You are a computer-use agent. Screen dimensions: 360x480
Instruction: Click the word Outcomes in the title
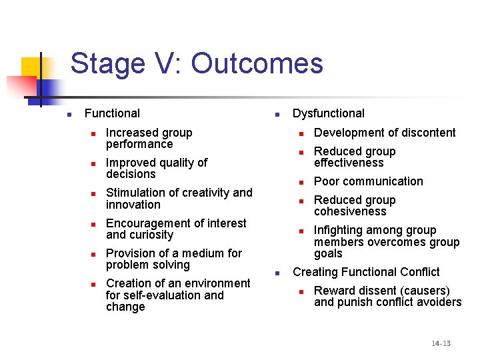tap(257, 64)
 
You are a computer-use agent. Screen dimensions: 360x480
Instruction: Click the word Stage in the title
tap(104, 64)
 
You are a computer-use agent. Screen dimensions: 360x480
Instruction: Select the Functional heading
tap(112, 113)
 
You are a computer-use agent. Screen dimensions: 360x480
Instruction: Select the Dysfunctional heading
tap(329, 113)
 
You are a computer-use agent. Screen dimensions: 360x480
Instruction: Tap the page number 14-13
tap(441, 343)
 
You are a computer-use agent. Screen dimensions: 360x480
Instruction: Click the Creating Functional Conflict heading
tap(366, 272)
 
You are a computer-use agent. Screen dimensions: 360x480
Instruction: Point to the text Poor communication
tap(368, 181)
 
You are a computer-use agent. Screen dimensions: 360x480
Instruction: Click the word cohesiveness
tap(350, 211)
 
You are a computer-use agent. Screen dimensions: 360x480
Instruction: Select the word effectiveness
tap(349, 163)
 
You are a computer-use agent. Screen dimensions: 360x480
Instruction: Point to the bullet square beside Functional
tap(68, 114)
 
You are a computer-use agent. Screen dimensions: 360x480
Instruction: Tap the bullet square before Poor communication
tap(301, 182)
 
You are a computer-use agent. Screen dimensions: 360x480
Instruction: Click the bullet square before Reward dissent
tap(301, 291)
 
